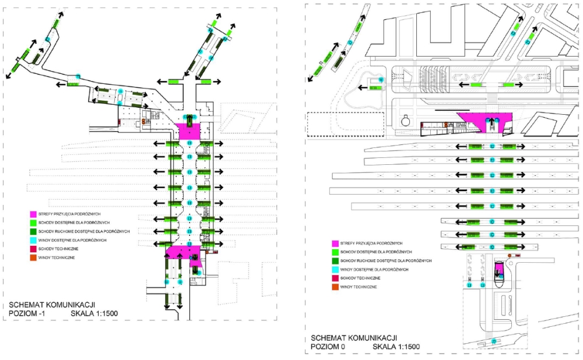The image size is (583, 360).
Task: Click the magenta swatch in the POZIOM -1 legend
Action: point(34,214)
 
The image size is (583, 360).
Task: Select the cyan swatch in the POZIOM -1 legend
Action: point(34,240)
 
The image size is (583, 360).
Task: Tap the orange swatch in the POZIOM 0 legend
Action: point(335,287)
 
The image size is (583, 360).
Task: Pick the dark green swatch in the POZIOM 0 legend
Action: point(335,260)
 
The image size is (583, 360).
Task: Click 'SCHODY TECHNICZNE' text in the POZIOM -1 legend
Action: point(59,249)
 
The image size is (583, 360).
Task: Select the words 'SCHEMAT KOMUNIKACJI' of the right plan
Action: point(353,338)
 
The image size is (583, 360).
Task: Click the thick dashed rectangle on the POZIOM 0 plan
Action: point(345,124)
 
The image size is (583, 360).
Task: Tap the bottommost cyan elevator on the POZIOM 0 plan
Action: point(494,341)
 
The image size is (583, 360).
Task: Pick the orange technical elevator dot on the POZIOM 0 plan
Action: point(510,255)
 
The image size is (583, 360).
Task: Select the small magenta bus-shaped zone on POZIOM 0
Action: point(500,271)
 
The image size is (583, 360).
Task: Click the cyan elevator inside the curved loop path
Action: point(381,79)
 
